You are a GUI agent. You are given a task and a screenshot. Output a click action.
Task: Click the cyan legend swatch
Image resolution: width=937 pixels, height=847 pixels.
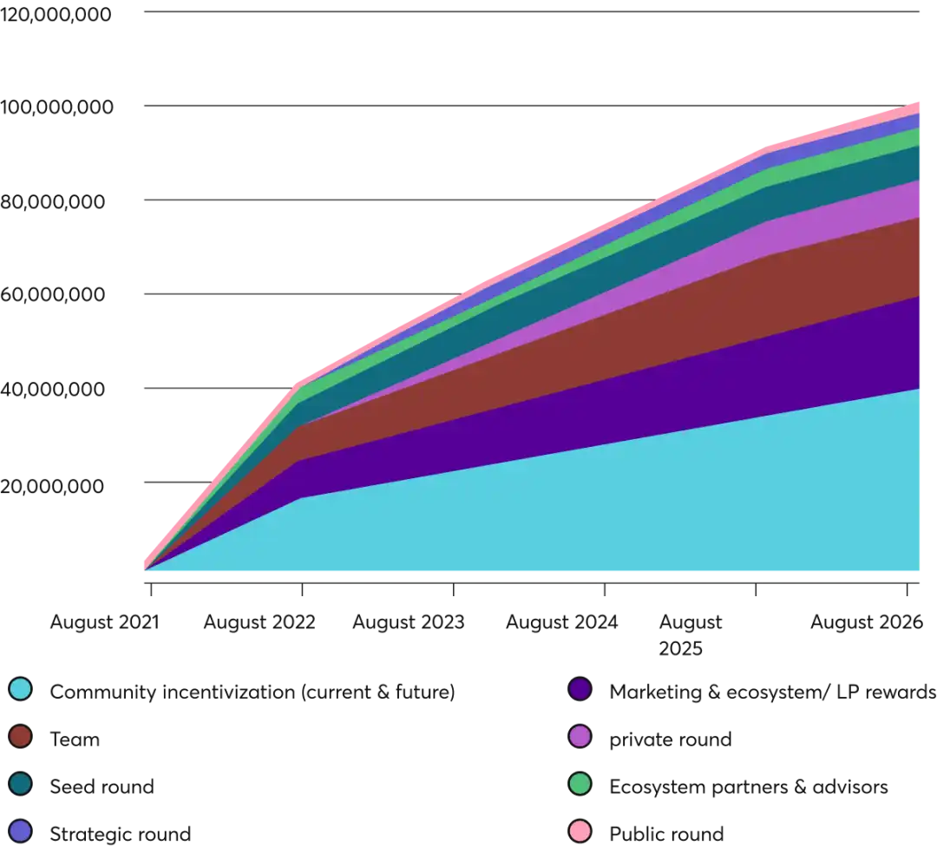click(x=20, y=689)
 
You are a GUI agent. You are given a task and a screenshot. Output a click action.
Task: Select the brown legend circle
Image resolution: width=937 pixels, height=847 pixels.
click(x=20, y=737)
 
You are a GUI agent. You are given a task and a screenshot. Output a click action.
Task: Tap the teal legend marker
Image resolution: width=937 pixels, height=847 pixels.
click(x=20, y=784)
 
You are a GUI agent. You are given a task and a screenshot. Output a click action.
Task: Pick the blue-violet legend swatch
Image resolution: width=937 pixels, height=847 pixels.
click(x=20, y=831)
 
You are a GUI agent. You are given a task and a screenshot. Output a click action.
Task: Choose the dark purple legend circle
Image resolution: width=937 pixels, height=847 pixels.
click(x=580, y=689)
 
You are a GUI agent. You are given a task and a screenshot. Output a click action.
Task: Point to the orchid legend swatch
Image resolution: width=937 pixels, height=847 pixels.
click(x=580, y=737)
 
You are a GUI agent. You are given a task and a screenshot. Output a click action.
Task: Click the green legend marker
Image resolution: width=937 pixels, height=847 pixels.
click(x=580, y=784)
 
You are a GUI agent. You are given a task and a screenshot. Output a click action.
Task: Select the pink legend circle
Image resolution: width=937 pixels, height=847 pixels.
click(x=580, y=831)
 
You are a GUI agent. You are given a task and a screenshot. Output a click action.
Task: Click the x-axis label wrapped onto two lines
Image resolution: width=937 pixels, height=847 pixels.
click(x=691, y=635)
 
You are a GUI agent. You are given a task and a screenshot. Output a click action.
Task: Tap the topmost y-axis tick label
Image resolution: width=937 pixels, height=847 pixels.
click(x=56, y=16)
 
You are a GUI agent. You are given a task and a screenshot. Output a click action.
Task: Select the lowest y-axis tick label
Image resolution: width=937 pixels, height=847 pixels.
click(x=52, y=487)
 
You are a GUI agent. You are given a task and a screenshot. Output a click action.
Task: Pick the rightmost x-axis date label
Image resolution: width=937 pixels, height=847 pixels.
click(x=865, y=622)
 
